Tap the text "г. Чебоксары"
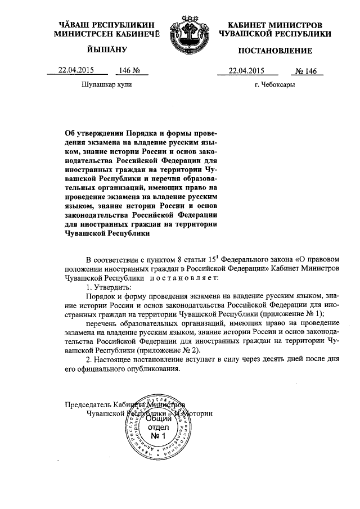[x=274, y=85]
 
